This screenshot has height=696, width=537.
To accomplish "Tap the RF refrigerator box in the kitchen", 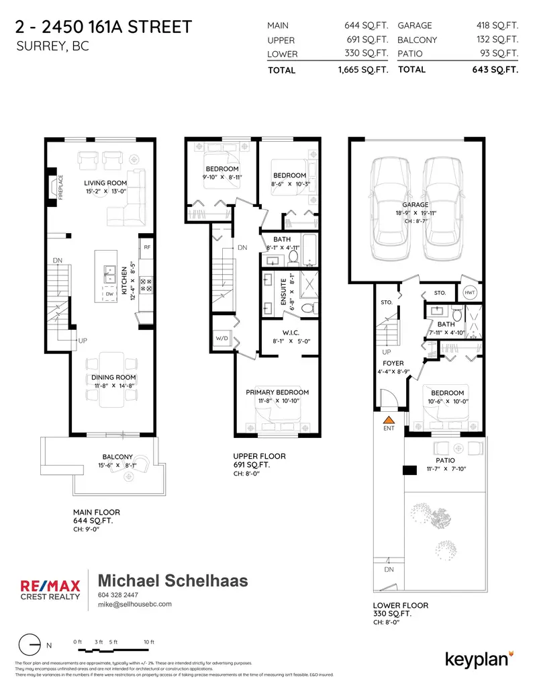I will pos(147,247).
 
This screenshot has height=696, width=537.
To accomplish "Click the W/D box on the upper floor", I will pos(221,338).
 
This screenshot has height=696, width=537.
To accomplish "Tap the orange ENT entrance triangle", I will pos(388,419).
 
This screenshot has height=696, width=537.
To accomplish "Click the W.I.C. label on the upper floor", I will pos(291,333).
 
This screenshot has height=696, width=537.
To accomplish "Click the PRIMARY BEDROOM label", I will pos(277,392).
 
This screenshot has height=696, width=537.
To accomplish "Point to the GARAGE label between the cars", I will pos(416,204).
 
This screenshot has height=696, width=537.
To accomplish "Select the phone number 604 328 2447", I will pos(119,595).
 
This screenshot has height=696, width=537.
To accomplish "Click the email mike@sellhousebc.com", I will pos(135,605).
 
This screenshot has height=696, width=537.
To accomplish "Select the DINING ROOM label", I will pos(113,378).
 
